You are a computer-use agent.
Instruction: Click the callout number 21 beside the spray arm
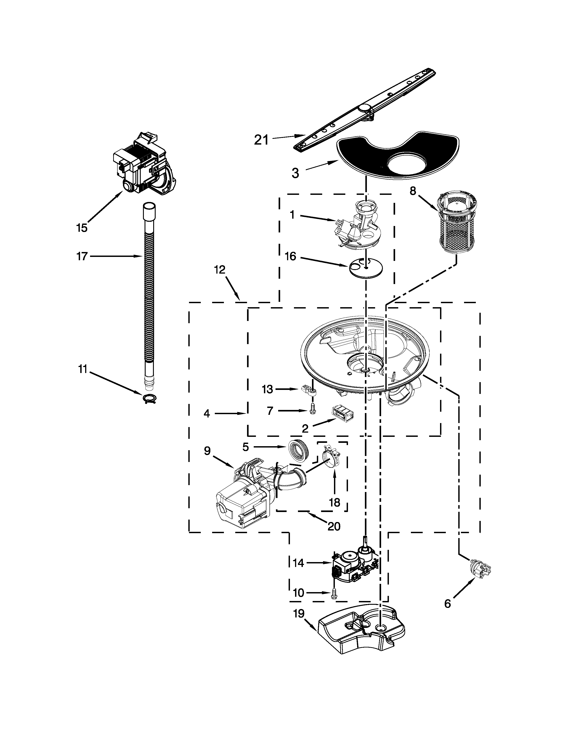pos(261,140)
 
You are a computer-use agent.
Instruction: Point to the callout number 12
pos(220,270)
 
